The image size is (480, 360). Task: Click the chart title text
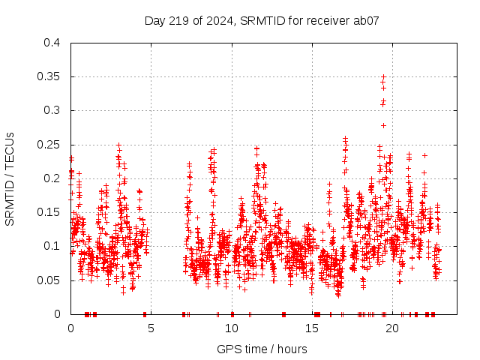click(262, 21)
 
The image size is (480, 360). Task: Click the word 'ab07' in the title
click(366, 21)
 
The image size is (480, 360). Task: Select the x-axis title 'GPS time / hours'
click(262, 349)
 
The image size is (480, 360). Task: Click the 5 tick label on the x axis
click(151, 328)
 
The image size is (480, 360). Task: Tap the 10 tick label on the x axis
click(232, 328)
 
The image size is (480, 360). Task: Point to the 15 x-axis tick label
click(312, 328)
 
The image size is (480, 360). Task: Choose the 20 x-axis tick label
click(392, 328)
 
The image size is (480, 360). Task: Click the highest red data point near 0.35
click(383, 76)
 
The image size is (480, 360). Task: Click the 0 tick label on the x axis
click(70, 328)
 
